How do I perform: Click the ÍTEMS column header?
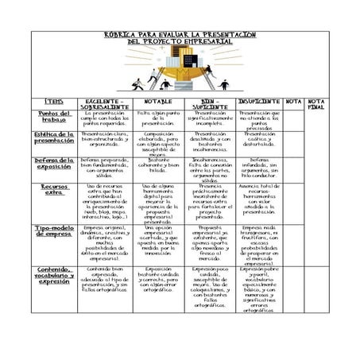(x=54, y=103)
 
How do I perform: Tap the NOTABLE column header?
(x=157, y=102)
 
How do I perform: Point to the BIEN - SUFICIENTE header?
(x=210, y=105)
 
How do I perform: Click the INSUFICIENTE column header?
(x=259, y=102)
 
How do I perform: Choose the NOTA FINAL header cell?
(x=315, y=105)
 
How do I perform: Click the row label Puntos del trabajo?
(x=54, y=117)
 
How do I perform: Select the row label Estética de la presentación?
(x=54, y=138)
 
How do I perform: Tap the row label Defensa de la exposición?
(x=54, y=164)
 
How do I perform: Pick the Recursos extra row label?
(x=54, y=191)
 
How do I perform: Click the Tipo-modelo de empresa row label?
(x=54, y=231)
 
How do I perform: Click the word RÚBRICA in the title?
(x=120, y=35)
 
